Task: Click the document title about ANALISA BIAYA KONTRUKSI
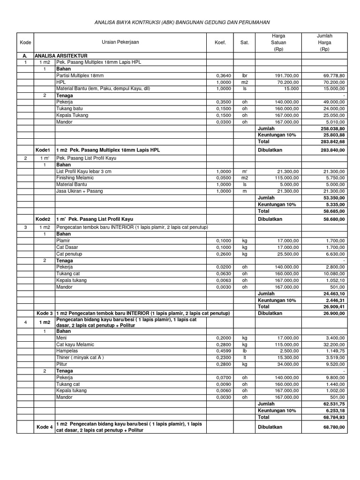click(182, 22)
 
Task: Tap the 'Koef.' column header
click(220, 43)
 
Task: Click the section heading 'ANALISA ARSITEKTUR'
click(61, 55)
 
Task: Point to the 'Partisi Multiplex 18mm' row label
click(78, 75)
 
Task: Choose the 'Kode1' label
click(43, 150)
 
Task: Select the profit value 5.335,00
click(335, 204)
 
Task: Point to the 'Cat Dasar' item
click(67, 247)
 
